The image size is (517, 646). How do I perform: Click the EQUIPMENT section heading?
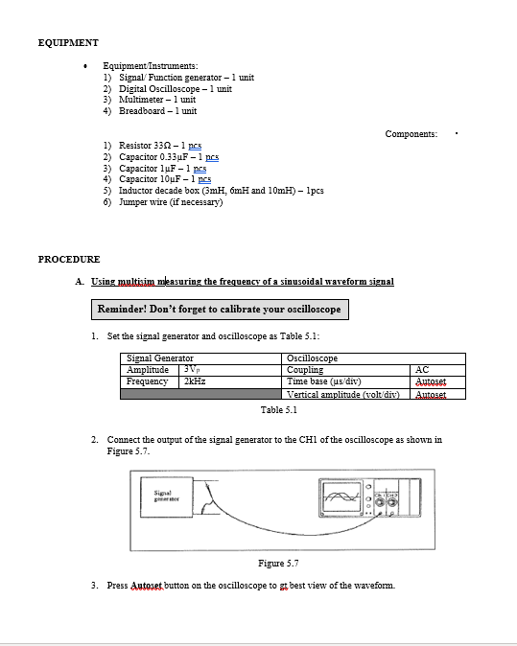67,43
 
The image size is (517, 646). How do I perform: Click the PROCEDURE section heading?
69,259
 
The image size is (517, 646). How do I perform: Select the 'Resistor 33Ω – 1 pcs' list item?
160,147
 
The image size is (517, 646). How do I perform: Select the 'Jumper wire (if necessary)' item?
170,201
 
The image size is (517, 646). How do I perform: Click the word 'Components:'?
411,134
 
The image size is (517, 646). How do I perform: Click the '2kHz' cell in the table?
196,381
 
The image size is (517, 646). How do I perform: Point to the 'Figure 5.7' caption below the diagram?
279,563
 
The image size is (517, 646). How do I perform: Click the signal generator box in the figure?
168,497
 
